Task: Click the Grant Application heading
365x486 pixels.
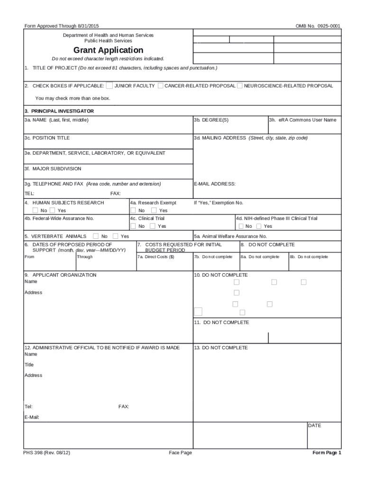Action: pyautogui.click(x=108, y=50)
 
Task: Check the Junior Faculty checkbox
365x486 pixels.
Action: pyautogui.click(x=109, y=86)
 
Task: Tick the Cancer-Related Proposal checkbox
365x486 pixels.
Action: pyautogui.click(x=161, y=86)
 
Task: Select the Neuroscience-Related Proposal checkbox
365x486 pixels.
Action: pyautogui.click(x=239, y=86)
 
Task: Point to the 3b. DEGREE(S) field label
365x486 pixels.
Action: pyautogui.click(x=211, y=120)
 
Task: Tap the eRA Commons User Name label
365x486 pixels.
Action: pyautogui.click(x=303, y=120)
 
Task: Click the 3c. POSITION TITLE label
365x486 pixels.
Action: pyautogui.click(x=47, y=138)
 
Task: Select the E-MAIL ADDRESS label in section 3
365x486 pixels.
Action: pyautogui.click(x=215, y=184)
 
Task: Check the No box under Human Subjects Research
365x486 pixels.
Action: pyautogui.click(x=36, y=210)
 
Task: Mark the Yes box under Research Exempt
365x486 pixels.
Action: pyautogui.click(x=154, y=210)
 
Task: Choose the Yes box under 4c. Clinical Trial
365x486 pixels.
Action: pyautogui.click(x=152, y=226)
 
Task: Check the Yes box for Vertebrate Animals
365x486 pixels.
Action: pyautogui.click(x=116, y=236)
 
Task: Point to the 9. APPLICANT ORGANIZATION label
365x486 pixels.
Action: pyautogui.click(x=60, y=275)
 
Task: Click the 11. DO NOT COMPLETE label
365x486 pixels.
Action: pyautogui.click(x=221, y=323)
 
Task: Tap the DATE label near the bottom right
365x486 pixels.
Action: pyautogui.click(x=315, y=426)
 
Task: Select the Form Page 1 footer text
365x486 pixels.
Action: pyautogui.click(x=327, y=453)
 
